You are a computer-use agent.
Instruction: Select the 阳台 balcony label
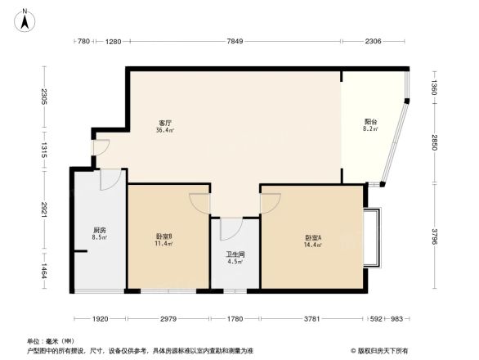370,123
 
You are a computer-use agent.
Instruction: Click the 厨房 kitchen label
99,232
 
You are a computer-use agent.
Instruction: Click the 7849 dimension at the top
235,42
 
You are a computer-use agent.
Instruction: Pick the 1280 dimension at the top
113,42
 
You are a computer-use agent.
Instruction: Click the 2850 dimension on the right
436,144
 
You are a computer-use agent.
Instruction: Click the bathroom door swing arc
230,228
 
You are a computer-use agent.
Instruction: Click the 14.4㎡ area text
313,245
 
